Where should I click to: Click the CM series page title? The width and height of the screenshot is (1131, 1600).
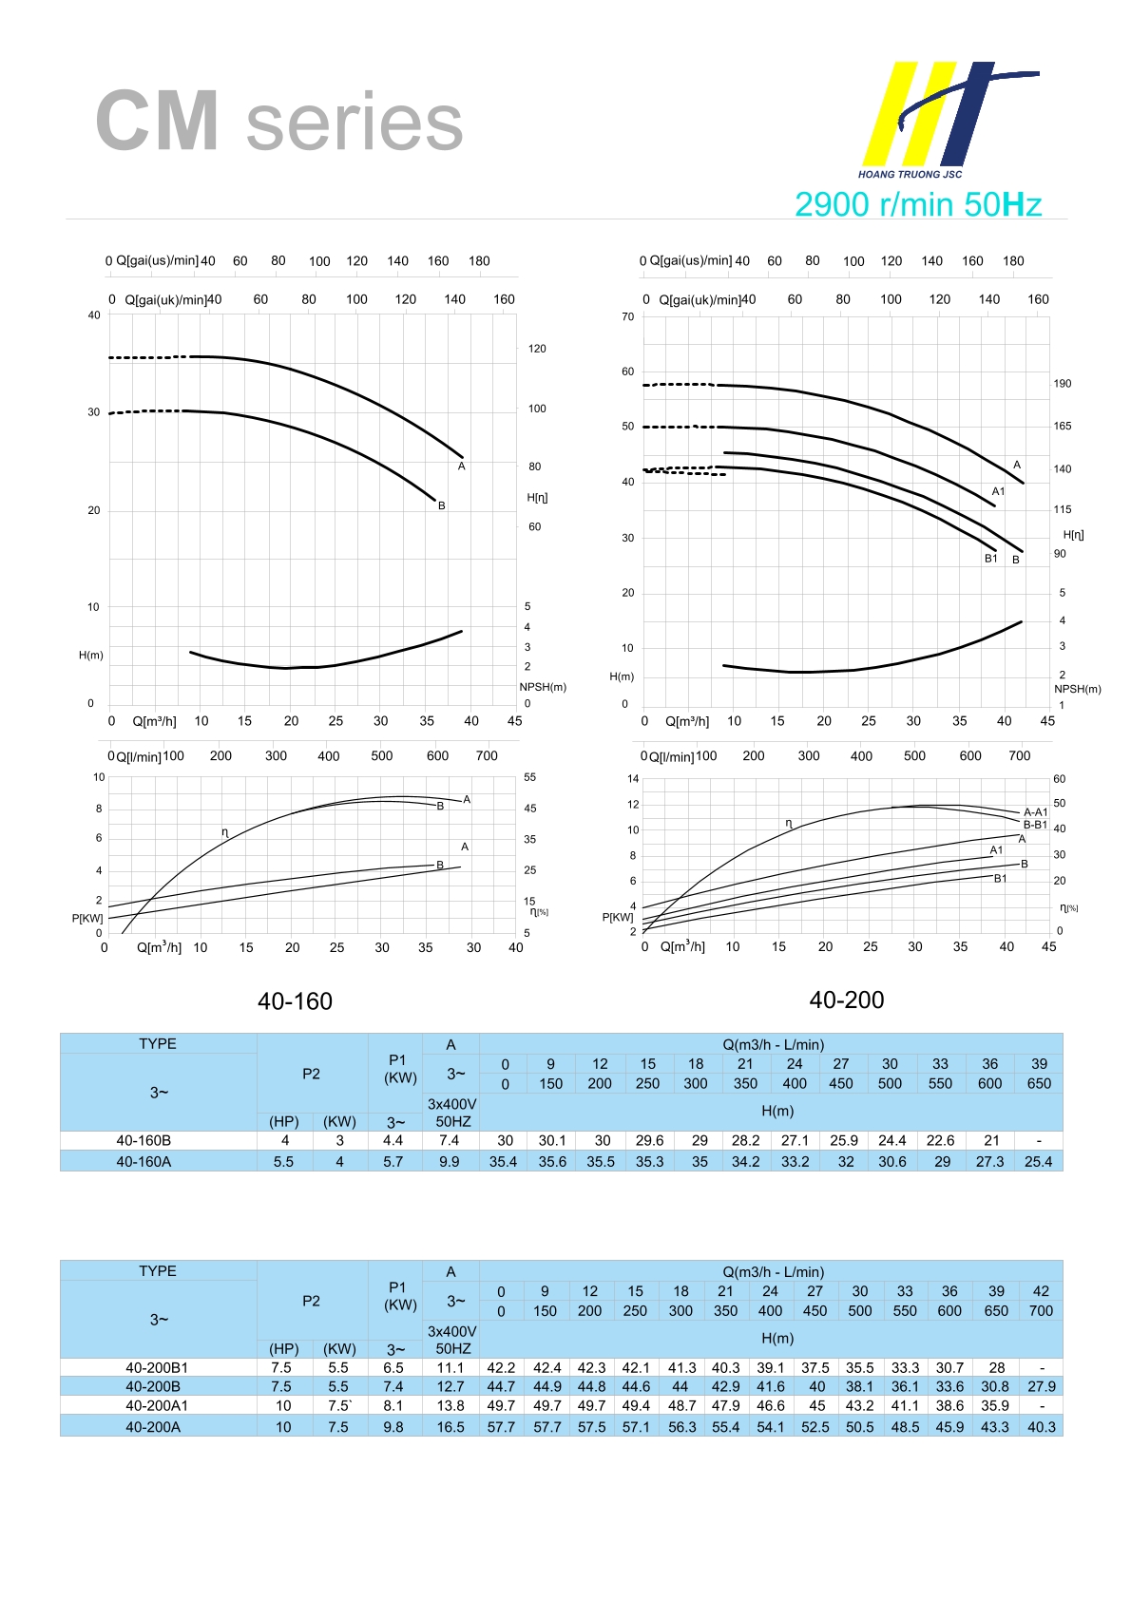(278, 122)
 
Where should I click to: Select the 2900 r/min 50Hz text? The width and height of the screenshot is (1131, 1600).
(917, 204)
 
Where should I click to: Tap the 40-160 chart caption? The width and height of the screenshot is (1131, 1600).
(295, 1001)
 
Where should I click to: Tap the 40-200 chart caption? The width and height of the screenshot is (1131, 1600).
(846, 1000)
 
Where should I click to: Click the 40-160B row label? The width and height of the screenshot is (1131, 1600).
(144, 1140)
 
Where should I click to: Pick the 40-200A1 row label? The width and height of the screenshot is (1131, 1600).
(157, 1406)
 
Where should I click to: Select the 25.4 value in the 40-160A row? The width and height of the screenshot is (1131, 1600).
(1038, 1161)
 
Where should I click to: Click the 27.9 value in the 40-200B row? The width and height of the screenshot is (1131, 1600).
(1041, 1387)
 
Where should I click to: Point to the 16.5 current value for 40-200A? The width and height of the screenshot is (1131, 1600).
(450, 1427)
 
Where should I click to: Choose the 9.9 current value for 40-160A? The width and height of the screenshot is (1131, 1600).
(449, 1161)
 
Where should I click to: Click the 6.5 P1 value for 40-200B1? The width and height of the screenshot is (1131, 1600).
(393, 1368)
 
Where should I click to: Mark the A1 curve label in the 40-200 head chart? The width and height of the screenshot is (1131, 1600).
(998, 491)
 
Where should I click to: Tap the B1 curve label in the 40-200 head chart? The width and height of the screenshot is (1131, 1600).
(990, 559)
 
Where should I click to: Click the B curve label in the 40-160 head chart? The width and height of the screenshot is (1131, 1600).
(442, 505)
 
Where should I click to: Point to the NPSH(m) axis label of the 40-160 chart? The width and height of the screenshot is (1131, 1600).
(543, 687)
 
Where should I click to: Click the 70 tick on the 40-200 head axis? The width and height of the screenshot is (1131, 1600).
(627, 316)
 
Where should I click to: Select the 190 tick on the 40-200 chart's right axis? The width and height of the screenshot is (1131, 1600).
(1062, 384)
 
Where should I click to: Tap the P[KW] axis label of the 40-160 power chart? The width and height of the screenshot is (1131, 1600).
(87, 918)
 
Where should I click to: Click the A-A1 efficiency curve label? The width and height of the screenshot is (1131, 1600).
(1035, 812)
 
